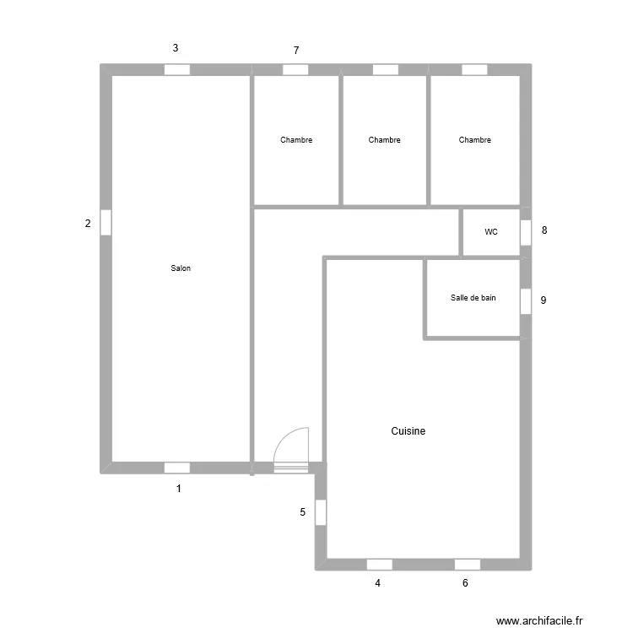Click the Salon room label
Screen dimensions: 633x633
(181, 268)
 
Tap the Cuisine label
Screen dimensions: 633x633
(408, 431)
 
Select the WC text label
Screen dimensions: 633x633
(491, 231)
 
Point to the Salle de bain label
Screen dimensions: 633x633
(473, 297)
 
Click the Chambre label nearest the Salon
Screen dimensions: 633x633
(296, 140)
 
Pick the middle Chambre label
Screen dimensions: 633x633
(385, 140)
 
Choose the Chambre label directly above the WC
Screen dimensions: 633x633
(475, 140)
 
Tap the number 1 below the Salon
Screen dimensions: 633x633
(179, 488)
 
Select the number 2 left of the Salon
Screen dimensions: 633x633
(87, 224)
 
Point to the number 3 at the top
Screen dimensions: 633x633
(176, 48)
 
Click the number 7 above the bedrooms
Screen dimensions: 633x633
(296, 51)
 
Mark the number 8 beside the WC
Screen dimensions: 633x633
(544, 230)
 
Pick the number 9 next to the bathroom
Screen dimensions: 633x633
(544, 300)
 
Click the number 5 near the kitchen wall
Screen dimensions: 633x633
(303, 511)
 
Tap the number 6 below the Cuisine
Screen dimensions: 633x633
(465, 582)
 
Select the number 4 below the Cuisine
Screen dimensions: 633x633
(378, 582)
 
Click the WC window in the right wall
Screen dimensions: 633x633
(525, 232)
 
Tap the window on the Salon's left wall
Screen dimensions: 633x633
(105, 222)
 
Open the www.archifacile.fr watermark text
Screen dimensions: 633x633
(539, 620)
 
